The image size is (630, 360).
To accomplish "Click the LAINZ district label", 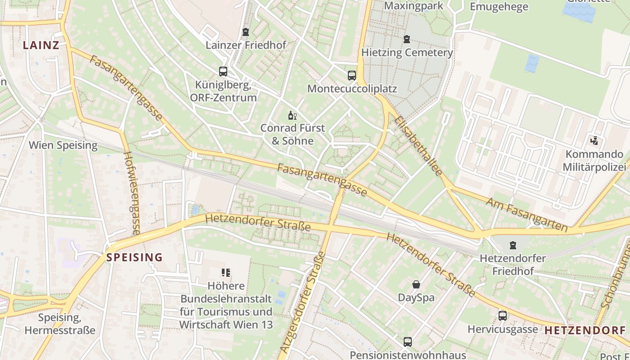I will click(41, 45).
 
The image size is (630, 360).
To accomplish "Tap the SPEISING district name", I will click(134, 257).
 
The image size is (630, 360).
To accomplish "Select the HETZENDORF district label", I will click(585, 330).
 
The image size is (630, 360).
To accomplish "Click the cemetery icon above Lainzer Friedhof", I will click(245, 32).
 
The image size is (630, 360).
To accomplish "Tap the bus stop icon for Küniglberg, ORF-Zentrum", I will click(223, 71).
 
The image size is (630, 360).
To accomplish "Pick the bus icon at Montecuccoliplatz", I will click(352, 75).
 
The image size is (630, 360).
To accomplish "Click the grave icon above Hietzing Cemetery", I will click(407, 39).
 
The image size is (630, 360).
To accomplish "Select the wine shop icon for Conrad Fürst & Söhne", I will click(292, 115).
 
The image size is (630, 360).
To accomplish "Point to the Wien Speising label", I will click(63, 145).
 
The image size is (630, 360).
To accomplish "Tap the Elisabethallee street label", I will click(418, 146).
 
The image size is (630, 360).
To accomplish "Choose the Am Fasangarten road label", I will click(526, 214).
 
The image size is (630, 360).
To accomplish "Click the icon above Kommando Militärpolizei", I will click(594, 141).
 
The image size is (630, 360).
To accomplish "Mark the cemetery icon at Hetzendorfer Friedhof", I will click(513, 245).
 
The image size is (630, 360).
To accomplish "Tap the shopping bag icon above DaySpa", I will click(416, 284).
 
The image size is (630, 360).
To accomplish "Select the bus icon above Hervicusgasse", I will click(502, 316).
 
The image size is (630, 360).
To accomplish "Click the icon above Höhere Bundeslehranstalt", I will click(226, 272).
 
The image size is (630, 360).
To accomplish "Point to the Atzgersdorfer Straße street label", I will click(302, 302).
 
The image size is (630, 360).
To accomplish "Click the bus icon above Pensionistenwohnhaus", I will click(407, 342).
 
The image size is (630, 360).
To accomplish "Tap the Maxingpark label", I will click(414, 6).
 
